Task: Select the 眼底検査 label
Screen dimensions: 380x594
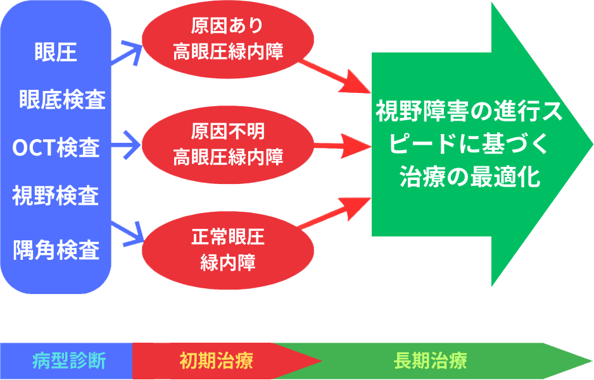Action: (x=62, y=100)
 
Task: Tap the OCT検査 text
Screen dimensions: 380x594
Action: (x=56, y=148)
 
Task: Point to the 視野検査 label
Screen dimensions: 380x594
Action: (x=56, y=195)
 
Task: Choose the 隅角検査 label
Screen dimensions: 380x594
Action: (x=56, y=250)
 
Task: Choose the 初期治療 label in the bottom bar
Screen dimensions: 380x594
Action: (x=215, y=362)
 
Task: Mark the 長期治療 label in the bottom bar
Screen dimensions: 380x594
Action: (x=430, y=362)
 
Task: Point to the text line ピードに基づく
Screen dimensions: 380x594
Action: (x=470, y=145)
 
